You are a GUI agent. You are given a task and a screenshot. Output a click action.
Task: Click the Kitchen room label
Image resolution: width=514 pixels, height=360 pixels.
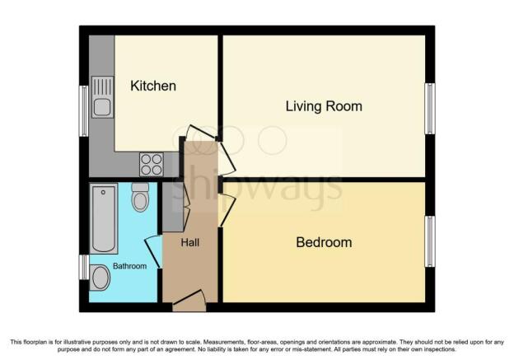coord(153,86)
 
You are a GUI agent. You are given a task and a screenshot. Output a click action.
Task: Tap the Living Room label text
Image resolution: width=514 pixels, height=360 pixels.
coord(324,106)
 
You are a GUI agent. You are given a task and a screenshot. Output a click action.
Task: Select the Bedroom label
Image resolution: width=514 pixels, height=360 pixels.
coord(324,242)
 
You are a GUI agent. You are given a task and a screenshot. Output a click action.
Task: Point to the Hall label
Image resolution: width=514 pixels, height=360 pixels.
coord(190,243)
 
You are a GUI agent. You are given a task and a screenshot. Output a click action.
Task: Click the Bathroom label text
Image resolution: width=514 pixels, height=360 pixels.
coord(129,266)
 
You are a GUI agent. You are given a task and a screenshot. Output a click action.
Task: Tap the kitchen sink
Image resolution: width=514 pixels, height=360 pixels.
coord(102,97)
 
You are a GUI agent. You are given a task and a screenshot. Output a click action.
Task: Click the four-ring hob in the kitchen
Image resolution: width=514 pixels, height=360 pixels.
coord(152,165)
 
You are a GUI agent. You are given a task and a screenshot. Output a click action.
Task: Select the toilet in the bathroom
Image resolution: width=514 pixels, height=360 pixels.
coord(140,198)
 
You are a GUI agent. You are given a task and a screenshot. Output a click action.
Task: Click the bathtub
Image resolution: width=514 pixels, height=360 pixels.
coord(104,218)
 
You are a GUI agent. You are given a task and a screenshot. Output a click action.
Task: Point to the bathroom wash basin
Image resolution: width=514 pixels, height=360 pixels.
coord(100,278)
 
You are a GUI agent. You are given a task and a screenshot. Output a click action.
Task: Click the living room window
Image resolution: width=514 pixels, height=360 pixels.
coord(430,109)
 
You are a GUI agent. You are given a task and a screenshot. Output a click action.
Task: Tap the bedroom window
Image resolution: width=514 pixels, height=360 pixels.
coord(430,241)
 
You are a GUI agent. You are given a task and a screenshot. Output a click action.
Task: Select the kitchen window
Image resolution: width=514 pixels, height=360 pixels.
coord(84,111)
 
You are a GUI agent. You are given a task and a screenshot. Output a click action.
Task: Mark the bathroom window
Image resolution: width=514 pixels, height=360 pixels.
coord(84,267)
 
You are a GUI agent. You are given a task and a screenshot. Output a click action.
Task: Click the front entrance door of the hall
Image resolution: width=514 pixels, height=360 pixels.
coord(189,301)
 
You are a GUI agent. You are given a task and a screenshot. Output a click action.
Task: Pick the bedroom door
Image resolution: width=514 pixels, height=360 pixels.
coord(227,210)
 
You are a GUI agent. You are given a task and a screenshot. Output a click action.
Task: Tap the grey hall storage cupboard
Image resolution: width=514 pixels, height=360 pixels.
coord(173,208)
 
